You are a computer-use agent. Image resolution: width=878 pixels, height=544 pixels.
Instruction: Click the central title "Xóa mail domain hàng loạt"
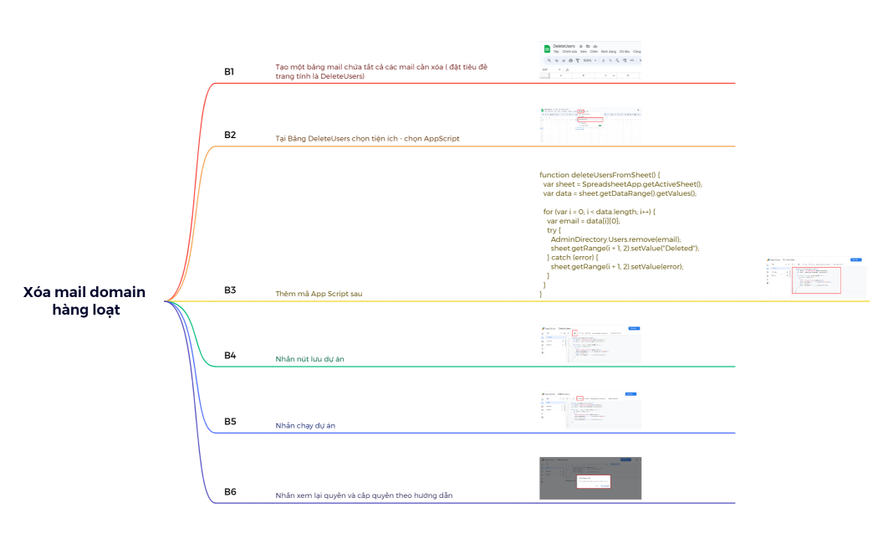pos(84,300)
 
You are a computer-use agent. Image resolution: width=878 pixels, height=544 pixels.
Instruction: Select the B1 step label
pos(229,72)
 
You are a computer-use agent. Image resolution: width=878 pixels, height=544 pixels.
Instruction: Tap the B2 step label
pos(229,135)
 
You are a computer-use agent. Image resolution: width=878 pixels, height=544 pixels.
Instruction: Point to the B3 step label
pos(230,290)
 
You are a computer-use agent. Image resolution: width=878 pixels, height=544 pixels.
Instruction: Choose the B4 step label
pos(230,356)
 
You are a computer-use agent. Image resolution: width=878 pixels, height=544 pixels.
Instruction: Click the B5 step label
pos(230,422)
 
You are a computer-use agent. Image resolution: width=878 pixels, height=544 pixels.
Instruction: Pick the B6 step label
pos(230,492)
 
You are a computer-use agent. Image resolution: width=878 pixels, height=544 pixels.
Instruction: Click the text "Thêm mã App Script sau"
pos(319,294)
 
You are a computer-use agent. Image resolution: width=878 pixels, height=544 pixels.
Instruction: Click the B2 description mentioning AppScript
pos(367,138)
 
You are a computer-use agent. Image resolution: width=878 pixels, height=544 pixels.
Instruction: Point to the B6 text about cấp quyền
pos(364,495)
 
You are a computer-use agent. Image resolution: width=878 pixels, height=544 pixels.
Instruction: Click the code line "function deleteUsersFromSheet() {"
pos(600,175)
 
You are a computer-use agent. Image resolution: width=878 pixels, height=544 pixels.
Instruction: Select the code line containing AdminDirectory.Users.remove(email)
pos(615,239)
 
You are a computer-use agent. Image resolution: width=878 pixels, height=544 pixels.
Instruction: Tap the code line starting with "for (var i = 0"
pos(600,212)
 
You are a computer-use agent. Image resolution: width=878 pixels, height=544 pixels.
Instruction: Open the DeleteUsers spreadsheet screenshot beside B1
pos(590,61)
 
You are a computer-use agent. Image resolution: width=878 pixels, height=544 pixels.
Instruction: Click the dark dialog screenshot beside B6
pos(590,478)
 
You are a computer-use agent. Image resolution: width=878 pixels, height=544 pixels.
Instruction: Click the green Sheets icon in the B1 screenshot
pos(547,49)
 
